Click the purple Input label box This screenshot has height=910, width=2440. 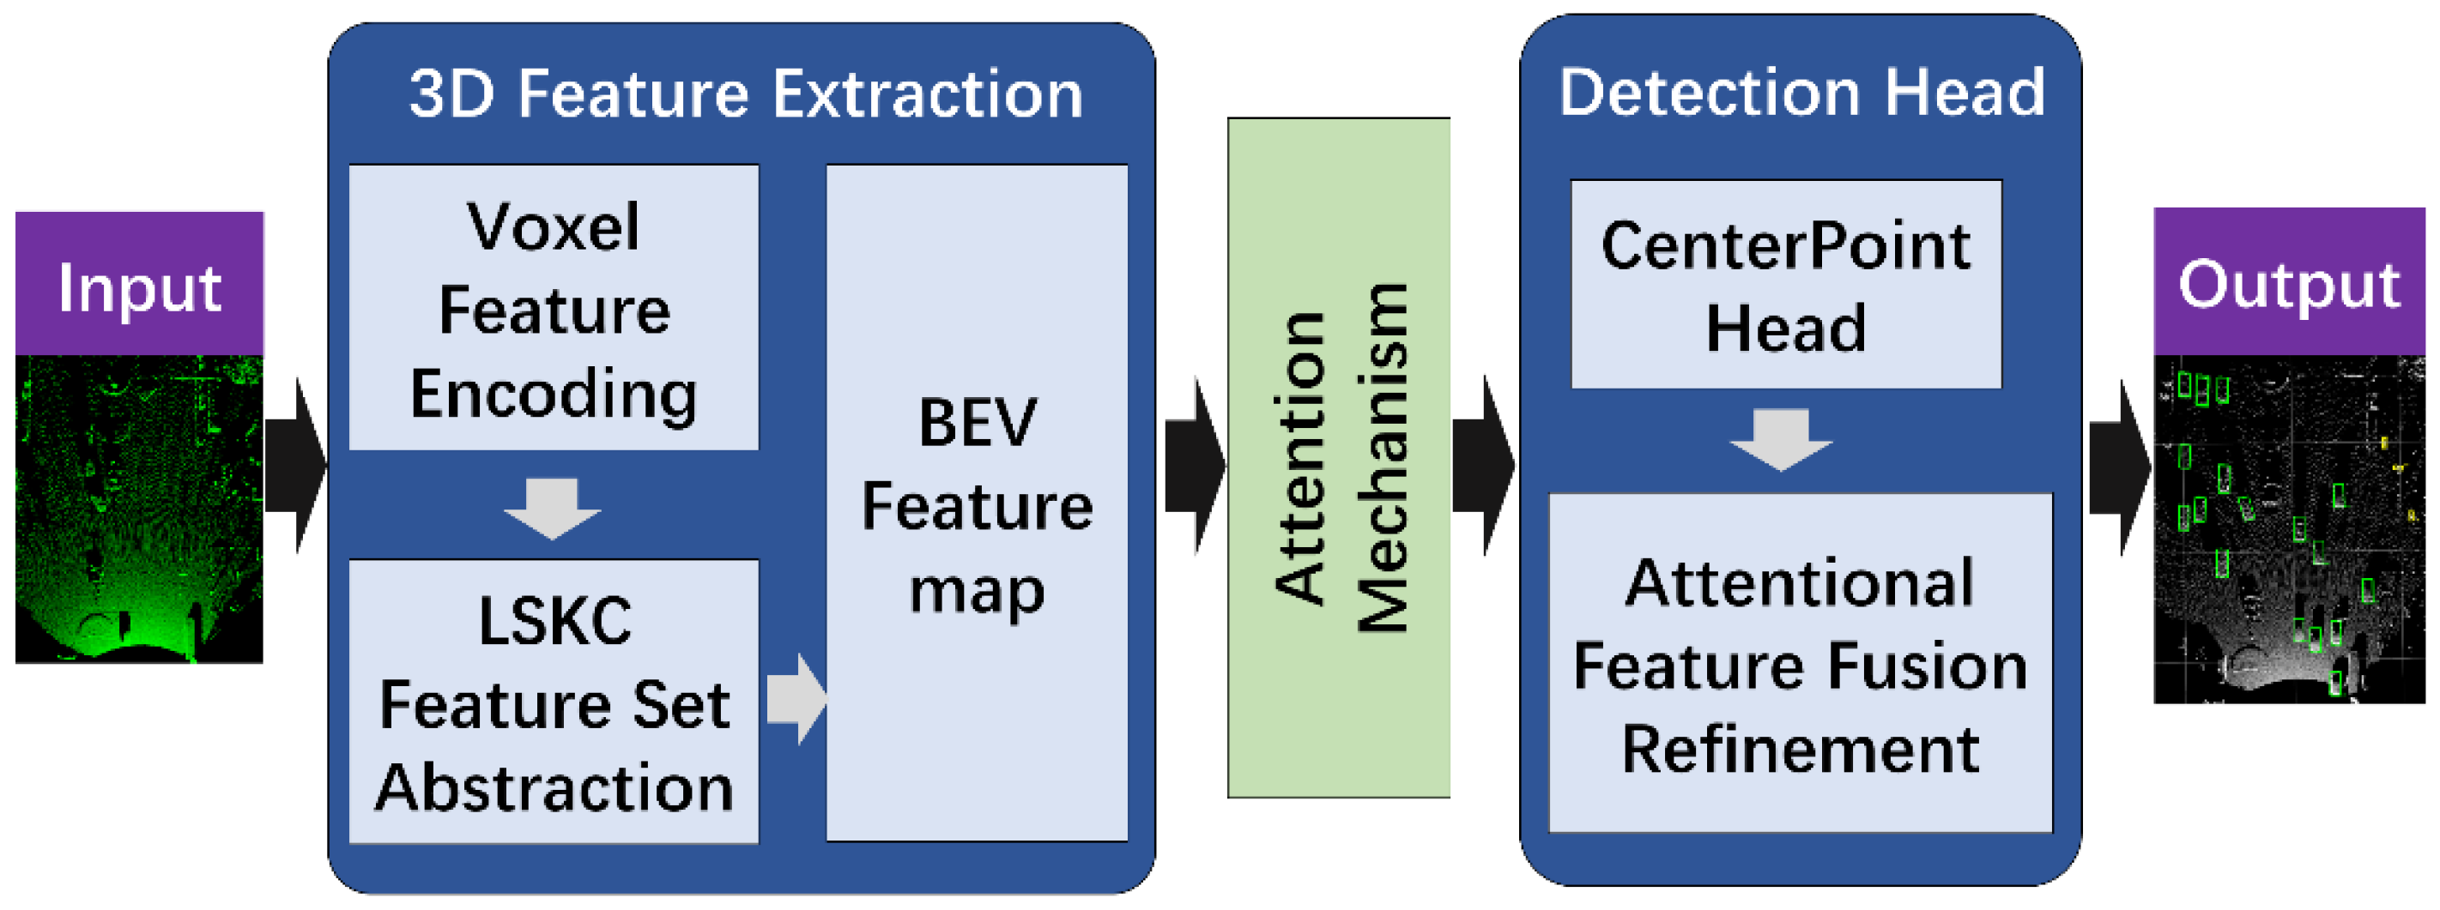click(x=139, y=284)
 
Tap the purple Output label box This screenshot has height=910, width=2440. click(x=2288, y=282)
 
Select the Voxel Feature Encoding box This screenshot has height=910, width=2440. click(x=554, y=308)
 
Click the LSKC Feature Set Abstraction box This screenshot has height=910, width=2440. click(x=554, y=702)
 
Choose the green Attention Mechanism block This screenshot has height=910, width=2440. click(x=1337, y=457)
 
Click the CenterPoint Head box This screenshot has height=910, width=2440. click(x=1785, y=284)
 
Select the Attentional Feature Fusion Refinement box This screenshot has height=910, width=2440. click(x=1800, y=663)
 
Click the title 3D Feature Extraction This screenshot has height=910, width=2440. click(x=746, y=94)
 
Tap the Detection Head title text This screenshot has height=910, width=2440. click(x=1801, y=93)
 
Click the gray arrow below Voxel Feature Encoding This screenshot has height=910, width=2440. click(x=552, y=508)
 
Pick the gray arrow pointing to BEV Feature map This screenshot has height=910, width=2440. click(x=796, y=698)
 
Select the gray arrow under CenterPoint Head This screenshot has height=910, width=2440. click(x=1781, y=438)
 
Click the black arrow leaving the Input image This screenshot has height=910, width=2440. click(x=295, y=464)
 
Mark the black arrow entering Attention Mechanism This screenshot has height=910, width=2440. click(x=1195, y=464)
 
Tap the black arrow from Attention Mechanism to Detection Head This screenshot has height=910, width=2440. click(x=1483, y=464)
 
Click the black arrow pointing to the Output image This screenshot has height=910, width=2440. click(x=2120, y=467)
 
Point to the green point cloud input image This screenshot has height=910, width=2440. click(x=139, y=509)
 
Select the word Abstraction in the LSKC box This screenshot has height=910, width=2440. click(x=554, y=788)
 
